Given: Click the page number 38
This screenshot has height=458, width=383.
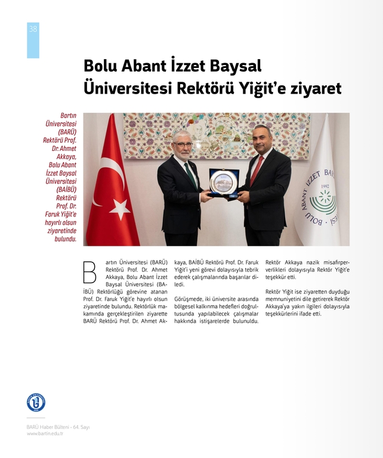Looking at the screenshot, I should point(32,29).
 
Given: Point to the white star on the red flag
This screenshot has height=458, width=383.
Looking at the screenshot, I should point(120,209).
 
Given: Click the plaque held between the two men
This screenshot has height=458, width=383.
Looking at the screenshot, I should point(224,182).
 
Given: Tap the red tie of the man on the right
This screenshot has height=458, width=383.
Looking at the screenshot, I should point(256,170).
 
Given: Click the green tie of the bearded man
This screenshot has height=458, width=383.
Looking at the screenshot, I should point(191,174).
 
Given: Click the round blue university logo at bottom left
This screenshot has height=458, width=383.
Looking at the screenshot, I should point(36,402).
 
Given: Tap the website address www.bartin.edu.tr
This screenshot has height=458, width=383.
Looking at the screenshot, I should point(45,434).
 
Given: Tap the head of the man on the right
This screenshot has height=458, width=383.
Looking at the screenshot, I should point(261,138).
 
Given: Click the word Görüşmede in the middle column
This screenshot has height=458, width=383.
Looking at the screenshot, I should point(188,299).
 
